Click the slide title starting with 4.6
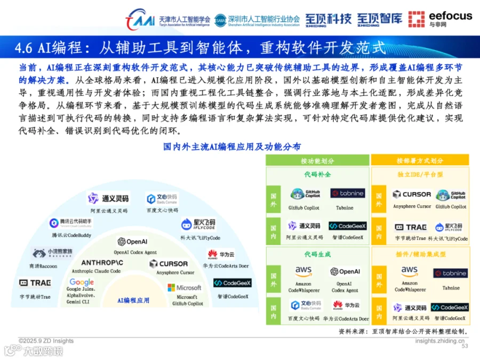click(x=200, y=47)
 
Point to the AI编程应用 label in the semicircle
click(x=133, y=301)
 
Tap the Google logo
click(x=82, y=282)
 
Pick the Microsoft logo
click(x=185, y=287)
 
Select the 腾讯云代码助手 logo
click(x=70, y=223)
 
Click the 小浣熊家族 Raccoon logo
click(x=52, y=252)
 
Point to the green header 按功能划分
click(x=317, y=161)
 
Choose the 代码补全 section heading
click(x=317, y=174)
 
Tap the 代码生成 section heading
click(x=317, y=254)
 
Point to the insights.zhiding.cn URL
click(x=439, y=341)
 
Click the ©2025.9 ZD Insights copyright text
click(x=46, y=341)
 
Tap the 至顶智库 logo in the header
click(x=380, y=19)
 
